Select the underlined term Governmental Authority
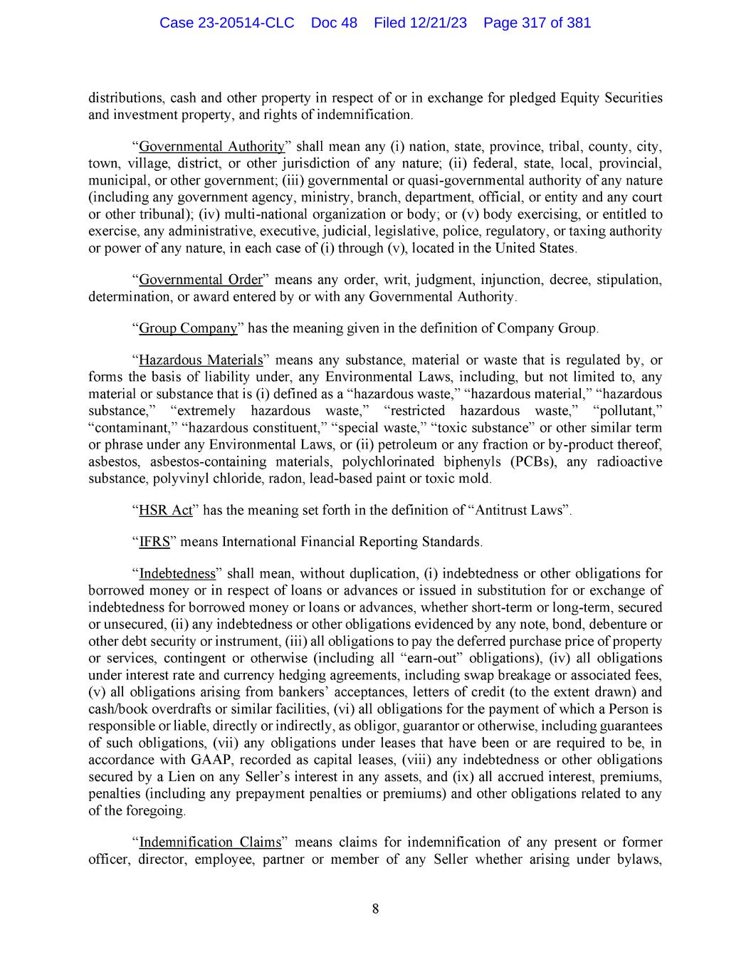pyautogui.click(x=211, y=147)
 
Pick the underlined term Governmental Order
pyautogui.click(x=201, y=279)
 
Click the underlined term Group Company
pyautogui.click(x=188, y=328)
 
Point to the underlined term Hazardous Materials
pyautogui.click(x=201, y=360)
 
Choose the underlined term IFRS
pyautogui.click(x=154, y=542)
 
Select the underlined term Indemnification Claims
pyautogui.click(x=210, y=842)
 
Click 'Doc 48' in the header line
pyautogui.click(x=334, y=23)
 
